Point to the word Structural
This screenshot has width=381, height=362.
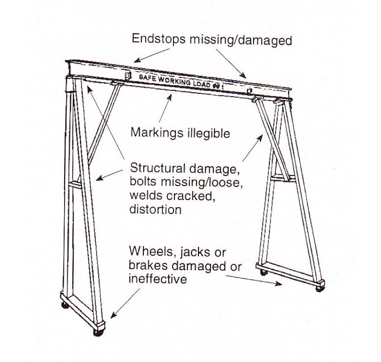[x=155, y=168]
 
